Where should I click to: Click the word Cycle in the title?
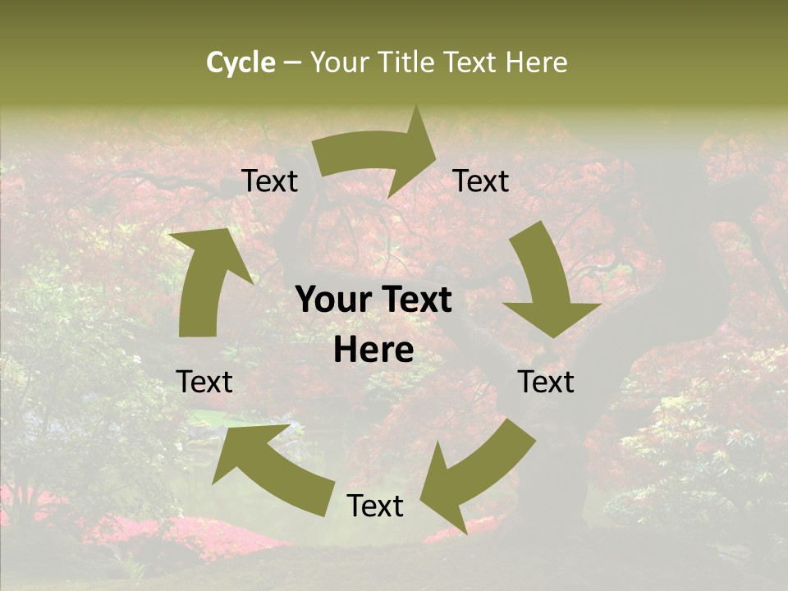coord(241,62)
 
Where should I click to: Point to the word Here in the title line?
coord(537,62)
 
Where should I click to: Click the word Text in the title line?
coord(471,62)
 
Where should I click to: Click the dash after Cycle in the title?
coord(292,63)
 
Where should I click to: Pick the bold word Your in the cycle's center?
coord(333,300)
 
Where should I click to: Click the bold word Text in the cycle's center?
coord(415,300)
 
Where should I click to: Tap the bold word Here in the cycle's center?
coord(373,350)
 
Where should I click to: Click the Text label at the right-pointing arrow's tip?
coord(481,181)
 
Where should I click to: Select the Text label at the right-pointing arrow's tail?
coord(269,181)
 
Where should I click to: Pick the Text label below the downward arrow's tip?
coord(546,382)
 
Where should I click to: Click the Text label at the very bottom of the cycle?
coord(375,506)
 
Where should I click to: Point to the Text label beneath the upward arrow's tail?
coord(204,382)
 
